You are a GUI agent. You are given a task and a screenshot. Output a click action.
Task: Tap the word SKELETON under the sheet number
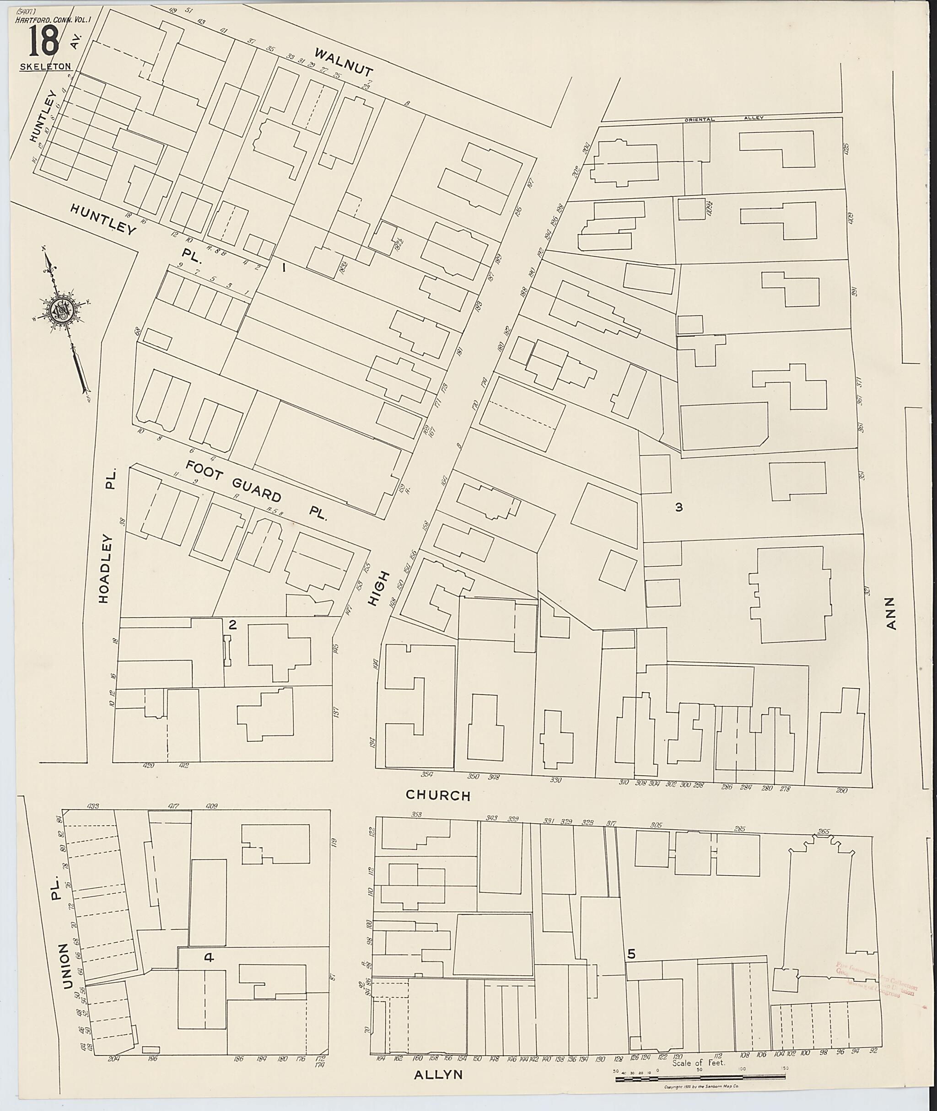(45, 67)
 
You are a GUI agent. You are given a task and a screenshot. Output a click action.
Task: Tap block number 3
(679, 507)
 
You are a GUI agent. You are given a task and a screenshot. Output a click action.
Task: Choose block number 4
(209, 957)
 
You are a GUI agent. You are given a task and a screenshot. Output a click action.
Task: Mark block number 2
(232, 624)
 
